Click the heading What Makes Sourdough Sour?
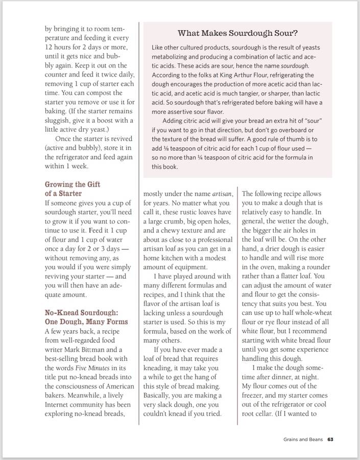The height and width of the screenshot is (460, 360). coord(237,34)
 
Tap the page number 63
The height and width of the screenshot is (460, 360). coord(330,439)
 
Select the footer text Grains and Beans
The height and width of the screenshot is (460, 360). coord(303,439)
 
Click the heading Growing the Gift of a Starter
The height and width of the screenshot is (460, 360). coord(73,189)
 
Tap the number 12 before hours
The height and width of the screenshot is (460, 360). coord(49,47)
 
